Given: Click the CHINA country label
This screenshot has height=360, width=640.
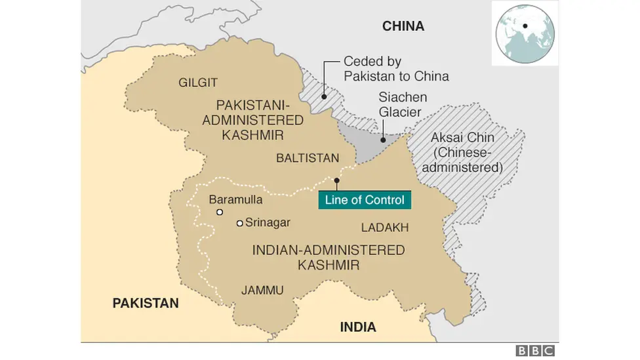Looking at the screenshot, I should (x=403, y=26).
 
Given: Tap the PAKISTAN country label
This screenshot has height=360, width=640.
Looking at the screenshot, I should (x=146, y=303).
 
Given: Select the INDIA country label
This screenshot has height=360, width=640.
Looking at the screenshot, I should (x=358, y=327).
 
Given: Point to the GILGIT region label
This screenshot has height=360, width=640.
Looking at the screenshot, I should (x=198, y=83).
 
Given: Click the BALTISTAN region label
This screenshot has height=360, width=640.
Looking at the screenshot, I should (x=308, y=158).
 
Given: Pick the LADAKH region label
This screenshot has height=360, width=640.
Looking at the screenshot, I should (x=385, y=228).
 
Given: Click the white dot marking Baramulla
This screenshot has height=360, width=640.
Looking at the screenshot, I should (x=220, y=212).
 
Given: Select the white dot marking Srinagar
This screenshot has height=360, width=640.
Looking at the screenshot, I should (x=240, y=224).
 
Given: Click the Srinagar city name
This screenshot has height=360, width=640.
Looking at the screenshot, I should (x=268, y=223).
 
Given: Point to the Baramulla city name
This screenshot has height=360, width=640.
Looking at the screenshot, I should (x=235, y=199).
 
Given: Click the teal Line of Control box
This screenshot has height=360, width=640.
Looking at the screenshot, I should (x=365, y=200).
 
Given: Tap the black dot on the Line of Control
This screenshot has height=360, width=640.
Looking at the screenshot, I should (x=336, y=180).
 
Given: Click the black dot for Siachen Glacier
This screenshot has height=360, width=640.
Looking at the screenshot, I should (x=384, y=140).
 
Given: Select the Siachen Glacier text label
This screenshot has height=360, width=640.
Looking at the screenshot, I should (x=400, y=104).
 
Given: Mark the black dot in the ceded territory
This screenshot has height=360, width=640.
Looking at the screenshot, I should (x=324, y=96).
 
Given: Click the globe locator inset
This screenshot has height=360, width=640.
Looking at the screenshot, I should (x=525, y=33).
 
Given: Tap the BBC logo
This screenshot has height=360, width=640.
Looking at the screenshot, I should (x=535, y=351).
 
